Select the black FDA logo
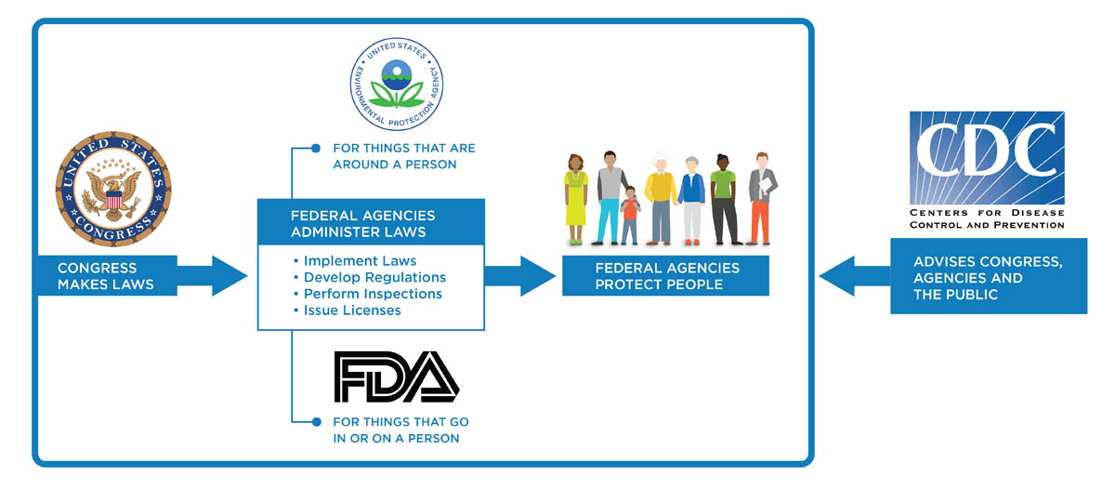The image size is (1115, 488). point(397,376)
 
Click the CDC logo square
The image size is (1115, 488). point(986,157)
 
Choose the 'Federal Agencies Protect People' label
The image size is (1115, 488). point(665,276)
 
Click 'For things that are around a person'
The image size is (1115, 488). point(403,156)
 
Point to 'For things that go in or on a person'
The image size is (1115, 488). point(397,429)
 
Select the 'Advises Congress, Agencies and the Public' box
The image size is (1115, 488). point(988,277)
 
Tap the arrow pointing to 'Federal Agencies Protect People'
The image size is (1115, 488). point(519,276)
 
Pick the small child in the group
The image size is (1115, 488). point(630,216)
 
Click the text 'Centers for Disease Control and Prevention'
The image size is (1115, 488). point(987,218)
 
